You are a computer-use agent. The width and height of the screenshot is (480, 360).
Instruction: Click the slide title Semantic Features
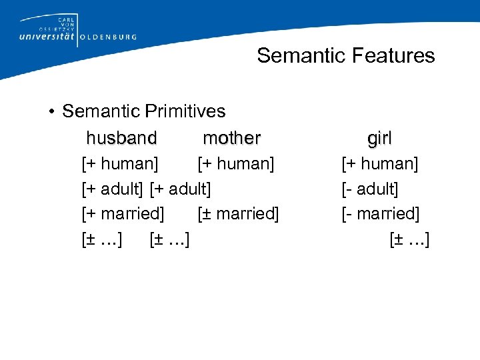(345, 55)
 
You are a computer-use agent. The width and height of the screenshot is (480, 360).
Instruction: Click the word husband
(121, 138)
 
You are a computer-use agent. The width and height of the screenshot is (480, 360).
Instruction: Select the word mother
(231, 138)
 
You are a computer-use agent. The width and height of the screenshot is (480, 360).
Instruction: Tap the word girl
(379, 138)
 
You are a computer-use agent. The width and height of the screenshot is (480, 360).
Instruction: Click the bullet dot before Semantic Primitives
(51, 111)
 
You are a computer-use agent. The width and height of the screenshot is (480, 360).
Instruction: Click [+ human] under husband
(120, 163)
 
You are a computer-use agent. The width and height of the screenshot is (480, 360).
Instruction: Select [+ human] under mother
(236, 163)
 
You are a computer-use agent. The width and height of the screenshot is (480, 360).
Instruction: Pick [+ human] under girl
(380, 163)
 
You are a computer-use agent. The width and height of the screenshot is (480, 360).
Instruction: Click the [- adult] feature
(370, 189)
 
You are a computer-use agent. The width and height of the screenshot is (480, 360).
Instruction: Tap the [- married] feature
(381, 214)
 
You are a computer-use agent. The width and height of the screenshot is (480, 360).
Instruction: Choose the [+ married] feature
(123, 214)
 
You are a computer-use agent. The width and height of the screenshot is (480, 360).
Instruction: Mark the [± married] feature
(238, 214)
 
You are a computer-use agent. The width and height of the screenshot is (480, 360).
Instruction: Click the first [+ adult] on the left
(112, 189)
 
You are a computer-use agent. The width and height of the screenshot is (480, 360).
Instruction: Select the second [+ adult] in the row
(181, 189)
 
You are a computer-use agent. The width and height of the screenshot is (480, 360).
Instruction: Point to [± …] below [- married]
(409, 239)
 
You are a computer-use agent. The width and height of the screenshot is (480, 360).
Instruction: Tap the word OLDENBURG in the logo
(108, 37)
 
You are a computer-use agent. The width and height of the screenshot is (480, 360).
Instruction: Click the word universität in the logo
(48, 37)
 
